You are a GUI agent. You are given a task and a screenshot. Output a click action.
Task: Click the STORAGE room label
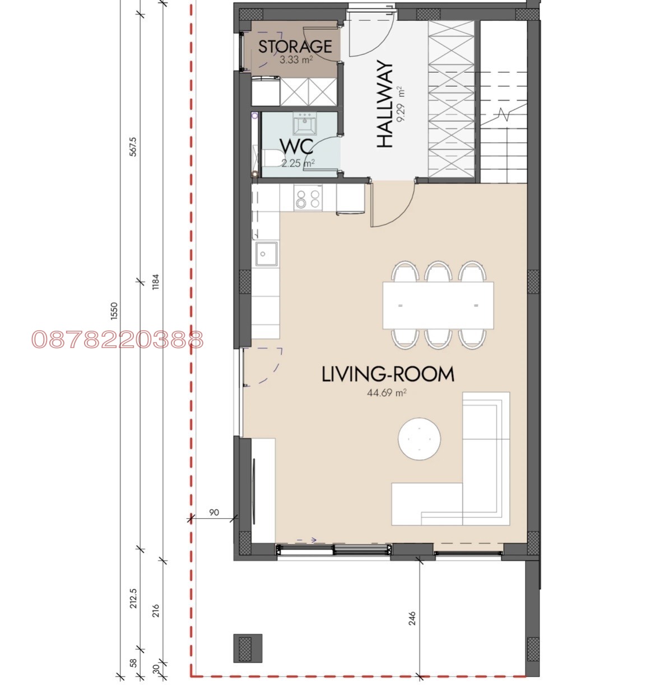coord(295,46)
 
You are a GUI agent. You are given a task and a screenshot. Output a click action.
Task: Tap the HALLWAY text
coord(384,104)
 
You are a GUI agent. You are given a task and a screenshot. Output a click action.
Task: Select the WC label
coord(296,147)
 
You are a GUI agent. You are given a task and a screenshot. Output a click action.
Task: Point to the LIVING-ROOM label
coord(388,374)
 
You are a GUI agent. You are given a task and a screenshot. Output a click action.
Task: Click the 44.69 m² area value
coord(387,393)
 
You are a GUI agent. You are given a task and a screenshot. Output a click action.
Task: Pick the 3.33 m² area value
coord(296,60)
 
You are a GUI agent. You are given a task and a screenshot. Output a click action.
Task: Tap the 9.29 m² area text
coord(401,104)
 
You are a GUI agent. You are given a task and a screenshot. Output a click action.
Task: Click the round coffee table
coord(419,439)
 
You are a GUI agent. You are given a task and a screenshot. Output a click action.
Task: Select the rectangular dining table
coord(438,305)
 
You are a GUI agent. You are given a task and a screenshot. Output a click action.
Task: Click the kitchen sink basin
coord(267,254)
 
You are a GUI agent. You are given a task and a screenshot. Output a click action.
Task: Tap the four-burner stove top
coord(308,199)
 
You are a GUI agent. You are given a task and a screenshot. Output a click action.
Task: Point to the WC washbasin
coord(304,124)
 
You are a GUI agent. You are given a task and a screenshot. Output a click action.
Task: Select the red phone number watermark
coord(118,339)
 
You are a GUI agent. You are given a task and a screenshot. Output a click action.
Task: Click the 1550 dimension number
coord(114,311)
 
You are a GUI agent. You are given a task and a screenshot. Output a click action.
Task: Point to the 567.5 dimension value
coord(133,147)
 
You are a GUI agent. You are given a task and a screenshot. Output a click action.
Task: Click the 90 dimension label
coord(214,512)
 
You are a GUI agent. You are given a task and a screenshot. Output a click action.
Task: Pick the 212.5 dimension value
coord(133,598)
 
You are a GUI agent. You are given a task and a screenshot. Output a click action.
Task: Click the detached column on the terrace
coord(248,649)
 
